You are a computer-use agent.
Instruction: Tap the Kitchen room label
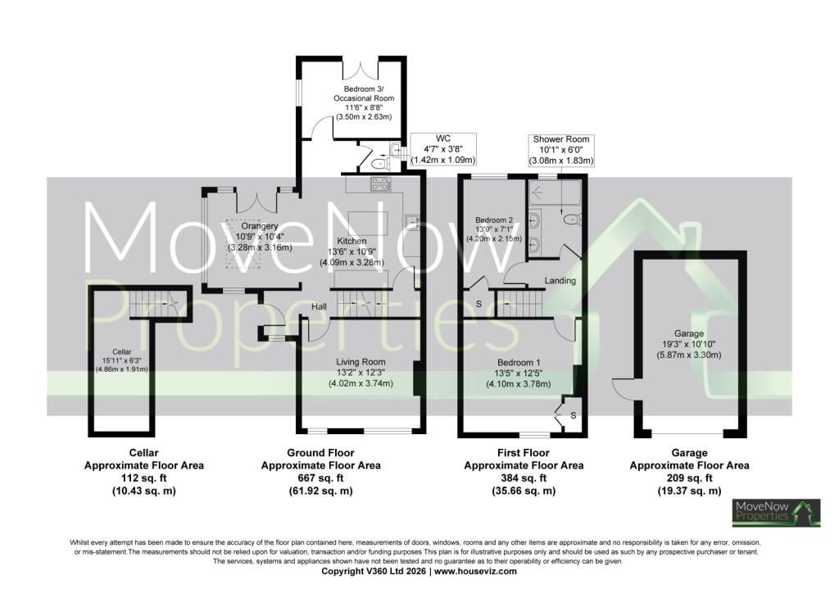(351, 241)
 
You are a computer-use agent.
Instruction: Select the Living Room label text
(361, 362)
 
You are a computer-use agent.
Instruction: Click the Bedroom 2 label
(494, 220)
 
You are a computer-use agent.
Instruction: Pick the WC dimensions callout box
(443, 149)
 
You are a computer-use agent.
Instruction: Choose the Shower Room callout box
(561, 150)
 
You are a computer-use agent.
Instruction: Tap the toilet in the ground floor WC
(380, 162)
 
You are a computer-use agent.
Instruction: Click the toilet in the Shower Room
(572, 218)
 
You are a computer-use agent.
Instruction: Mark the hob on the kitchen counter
(380, 184)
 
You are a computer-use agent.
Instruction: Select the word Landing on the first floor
(560, 281)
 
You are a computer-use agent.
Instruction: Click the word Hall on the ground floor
(320, 307)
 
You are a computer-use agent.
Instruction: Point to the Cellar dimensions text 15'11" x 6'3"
(122, 360)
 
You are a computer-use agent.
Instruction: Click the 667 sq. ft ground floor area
(321, 478)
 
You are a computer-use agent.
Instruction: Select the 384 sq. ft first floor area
(524, 478)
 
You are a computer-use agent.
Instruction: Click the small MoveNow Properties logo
(777, 514)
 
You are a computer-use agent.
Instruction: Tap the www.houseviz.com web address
(476, 571)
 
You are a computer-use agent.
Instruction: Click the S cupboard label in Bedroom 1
(573, 415)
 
